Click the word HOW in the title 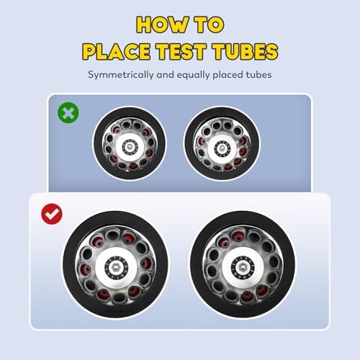163,24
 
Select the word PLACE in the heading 117,51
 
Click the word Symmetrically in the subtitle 120,75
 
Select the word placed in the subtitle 228,75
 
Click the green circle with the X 68,112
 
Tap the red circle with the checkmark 52,214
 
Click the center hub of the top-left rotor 130,146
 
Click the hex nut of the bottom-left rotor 117,267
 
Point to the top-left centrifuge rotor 130,143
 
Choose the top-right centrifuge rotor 222,143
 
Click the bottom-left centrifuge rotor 115,264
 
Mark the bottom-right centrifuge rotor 243,264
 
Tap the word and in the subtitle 166,75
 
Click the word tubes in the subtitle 258,75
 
